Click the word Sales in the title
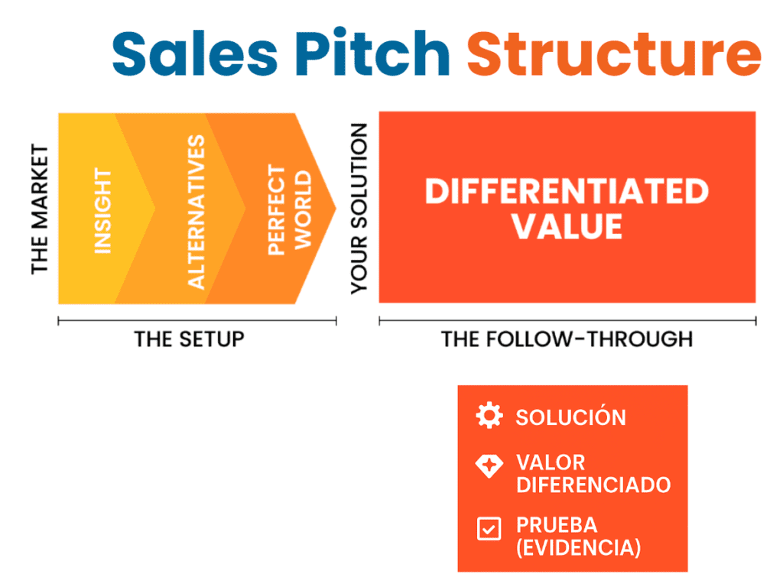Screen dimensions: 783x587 click(x=195, y=53)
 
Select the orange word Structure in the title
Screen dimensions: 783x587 click(x=614, y=53)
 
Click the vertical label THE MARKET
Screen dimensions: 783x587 click(x=40, y=209)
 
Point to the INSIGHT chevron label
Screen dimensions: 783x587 click(x=103, y=211)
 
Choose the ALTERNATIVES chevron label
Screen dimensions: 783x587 click(x=197, y=212)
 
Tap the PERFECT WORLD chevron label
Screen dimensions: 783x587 click(x=290, y=210)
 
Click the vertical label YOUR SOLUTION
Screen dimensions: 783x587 click(x=359, y=209)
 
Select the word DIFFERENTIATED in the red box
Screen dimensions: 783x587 click(x=567, y=191)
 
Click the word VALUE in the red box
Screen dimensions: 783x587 click(x=567, y=226)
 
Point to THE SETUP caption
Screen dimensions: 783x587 click(x=190, y=339)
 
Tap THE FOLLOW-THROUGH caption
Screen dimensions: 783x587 click(x=567, y=339)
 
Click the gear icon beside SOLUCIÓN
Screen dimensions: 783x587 click(x=489, y=415)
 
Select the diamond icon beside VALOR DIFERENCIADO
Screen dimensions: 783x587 click(x=489, y=466)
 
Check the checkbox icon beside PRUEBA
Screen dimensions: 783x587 click(x=489, y=529)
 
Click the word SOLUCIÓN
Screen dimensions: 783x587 click(x=570, y=417)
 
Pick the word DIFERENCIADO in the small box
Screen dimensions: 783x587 click(x=593, y=485)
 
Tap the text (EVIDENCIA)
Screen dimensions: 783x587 click(x=579, y=547)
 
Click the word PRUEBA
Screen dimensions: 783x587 click(x=557, y=525)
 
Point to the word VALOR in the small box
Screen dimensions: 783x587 click(x=551, y=462)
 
